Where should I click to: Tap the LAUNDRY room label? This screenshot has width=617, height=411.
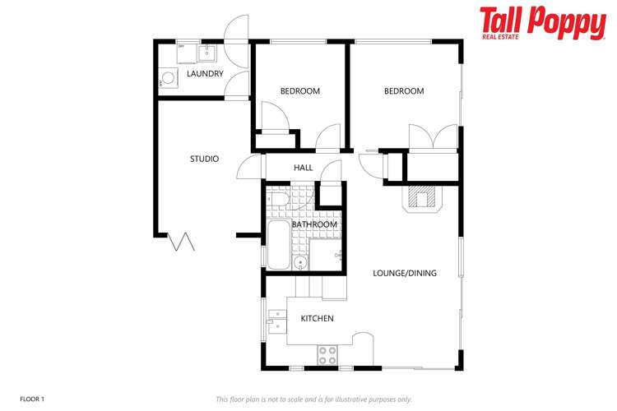pyautogui.click(x=205, y=74)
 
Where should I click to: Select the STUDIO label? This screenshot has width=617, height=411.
pyautogui.click(x=204, y=159)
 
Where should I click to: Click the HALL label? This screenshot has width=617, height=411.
pyautogui.click(x=304, y=168)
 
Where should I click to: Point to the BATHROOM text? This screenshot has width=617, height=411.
pyautogui.click(x=313, y=224)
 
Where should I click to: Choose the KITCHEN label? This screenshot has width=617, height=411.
pyautogui.click(x=317, y=318)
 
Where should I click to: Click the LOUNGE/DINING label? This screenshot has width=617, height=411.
pyautogui.click(x=405, y=273)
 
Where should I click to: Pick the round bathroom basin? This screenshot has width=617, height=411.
pyautogui.click(x=301, y=263)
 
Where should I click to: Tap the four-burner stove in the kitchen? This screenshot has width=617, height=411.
pyautogui.click(x=327, y=355)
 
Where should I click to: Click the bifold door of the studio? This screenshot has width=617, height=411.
pyautogui.click(x=181, y=241)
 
